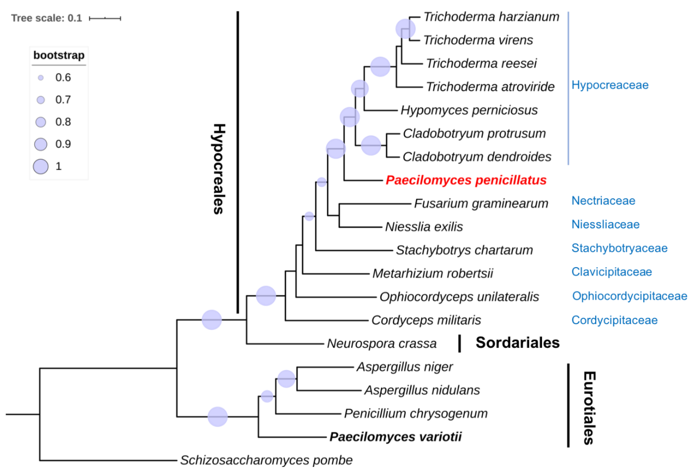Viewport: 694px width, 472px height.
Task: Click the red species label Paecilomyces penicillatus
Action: click(x=466, y=180)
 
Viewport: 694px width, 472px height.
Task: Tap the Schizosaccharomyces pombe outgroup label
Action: click(x=266, y=460)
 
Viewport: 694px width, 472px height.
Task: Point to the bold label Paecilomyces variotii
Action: click(x=395, y=437)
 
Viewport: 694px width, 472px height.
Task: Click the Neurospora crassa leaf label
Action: click(x=382, y=343)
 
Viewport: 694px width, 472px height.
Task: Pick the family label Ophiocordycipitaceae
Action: click(x=629, y=296)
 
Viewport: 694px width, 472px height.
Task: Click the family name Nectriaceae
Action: click(x=603, y=201)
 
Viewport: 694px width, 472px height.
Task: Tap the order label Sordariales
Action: click(x=518, y=342)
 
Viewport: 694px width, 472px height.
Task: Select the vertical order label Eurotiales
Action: click(x=589, y=408)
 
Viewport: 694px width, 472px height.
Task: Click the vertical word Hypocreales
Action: click(x=219, y=169)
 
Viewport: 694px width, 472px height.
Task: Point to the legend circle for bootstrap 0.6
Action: click(x=41, y=78)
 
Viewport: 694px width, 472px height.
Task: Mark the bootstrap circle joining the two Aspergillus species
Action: click(x=286, y=379)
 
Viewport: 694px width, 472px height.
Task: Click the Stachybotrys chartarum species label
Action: click(x=464, y=250)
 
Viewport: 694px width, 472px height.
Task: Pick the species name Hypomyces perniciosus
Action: click(x=469, y=110)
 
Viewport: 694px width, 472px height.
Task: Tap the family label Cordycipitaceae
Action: click(x=614, y=320)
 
